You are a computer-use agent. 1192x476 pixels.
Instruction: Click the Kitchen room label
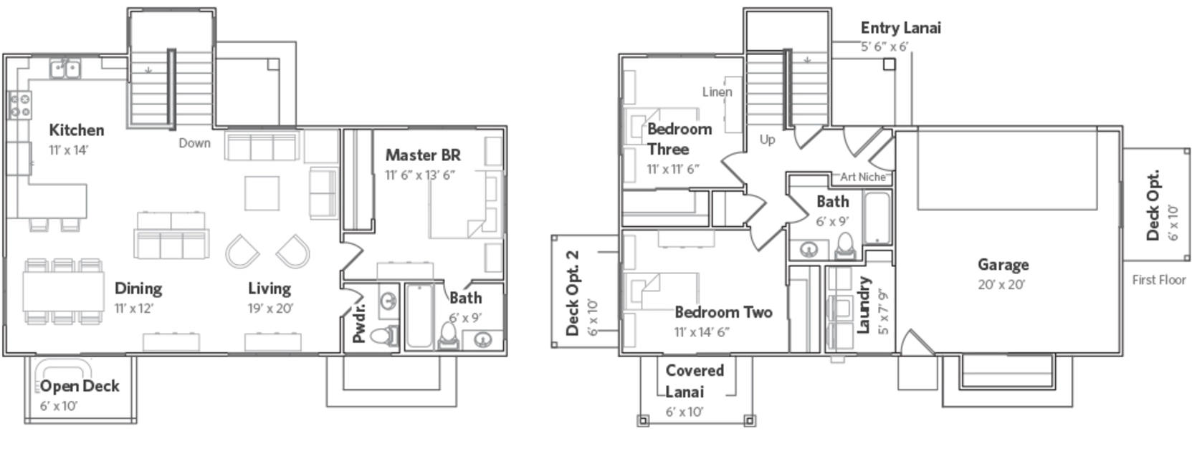(x=76, y=130)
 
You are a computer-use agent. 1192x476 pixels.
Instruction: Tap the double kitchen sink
(x=65, y=69)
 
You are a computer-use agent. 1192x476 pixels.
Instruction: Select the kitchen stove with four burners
(x=20, y=105)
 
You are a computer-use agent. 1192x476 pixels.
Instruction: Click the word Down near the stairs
(x=194, y=143)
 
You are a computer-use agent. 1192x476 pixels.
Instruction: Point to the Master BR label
(x=423, y=155)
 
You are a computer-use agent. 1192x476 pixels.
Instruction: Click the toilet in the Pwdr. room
(x=384, y=335)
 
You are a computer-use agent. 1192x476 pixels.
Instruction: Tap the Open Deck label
(x=80, y=387)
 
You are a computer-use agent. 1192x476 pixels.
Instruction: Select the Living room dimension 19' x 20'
(x=270, y=308)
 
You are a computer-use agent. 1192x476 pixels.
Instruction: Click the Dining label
(x=138, y=288)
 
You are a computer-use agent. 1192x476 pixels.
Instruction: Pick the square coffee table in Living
(x=262, y=193)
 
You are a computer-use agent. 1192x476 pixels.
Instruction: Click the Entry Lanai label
(x=901, y=28)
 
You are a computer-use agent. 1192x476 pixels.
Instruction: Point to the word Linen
(x=717, y=92)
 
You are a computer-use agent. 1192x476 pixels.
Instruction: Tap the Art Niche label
(x=862, y=177)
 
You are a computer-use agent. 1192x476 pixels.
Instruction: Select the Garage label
(x=1003, y=265)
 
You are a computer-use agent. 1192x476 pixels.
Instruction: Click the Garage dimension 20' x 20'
(x=1001, y=285)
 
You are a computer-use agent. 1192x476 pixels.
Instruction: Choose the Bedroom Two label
(x=723, y=312)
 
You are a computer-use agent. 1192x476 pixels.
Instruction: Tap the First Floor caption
(x=1159, y=280)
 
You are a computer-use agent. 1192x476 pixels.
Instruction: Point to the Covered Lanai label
(x=695, y=381)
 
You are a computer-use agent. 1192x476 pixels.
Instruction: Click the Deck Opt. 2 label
(x=573, y=293)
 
